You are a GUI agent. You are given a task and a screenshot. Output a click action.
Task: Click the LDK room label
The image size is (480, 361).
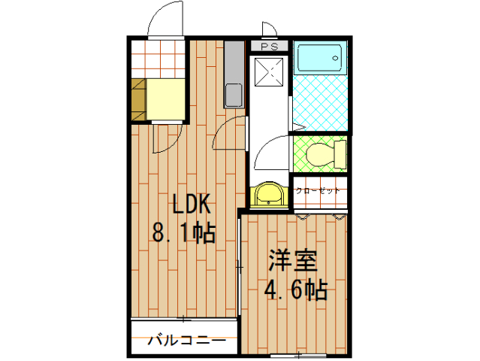[192, 204]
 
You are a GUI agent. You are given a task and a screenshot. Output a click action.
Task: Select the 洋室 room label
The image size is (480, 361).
[292, 260]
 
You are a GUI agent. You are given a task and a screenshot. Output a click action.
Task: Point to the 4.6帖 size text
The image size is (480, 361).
[296, 290]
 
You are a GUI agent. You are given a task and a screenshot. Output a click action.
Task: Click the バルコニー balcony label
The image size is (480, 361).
[187, 340]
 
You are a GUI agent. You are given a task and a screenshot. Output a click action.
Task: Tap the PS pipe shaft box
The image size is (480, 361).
[270, 47]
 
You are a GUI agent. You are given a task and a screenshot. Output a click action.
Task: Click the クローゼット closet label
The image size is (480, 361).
[318, 190]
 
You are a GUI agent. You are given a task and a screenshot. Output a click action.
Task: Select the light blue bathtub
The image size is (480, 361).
[320, 58]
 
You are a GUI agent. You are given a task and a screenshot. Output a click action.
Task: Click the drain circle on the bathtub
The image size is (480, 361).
[336, 58]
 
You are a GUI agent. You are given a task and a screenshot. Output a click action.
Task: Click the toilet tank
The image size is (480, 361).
[340, 154]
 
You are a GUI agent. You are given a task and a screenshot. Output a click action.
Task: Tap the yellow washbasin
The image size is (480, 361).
[269, 195]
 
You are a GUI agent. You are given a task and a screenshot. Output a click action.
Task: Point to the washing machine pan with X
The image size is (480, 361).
[269, 72]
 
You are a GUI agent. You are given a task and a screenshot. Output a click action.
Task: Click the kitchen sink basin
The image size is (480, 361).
[234, 95]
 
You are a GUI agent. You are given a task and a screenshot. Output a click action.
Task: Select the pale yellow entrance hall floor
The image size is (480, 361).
[165, 99]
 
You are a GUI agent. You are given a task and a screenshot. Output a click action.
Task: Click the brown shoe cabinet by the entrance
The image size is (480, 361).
[139, 99]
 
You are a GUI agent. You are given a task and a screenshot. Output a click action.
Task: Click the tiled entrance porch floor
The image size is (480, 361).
[158, 59]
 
